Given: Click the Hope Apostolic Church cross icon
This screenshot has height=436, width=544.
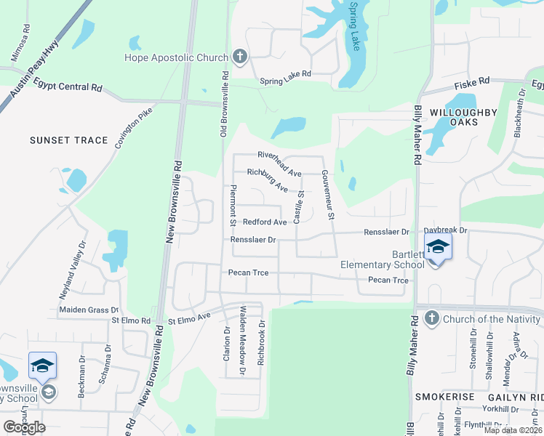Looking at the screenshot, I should tap(240, 57).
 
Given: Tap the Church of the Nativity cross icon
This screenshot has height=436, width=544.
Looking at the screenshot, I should tap(431, 319).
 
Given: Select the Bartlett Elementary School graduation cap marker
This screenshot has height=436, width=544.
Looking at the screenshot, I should tap(438, 247).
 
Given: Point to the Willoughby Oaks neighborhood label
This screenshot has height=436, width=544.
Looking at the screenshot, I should tap(463, 117).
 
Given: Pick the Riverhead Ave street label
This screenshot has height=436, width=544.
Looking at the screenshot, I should tap(279, 164).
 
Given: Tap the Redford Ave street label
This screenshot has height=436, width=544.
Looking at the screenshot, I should tap(265, 222).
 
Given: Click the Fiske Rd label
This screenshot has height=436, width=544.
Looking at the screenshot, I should tap(472, 83).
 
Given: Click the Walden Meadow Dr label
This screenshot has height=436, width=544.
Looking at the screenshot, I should tap(244, 341).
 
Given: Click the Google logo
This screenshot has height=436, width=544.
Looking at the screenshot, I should tap(24, 427).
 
